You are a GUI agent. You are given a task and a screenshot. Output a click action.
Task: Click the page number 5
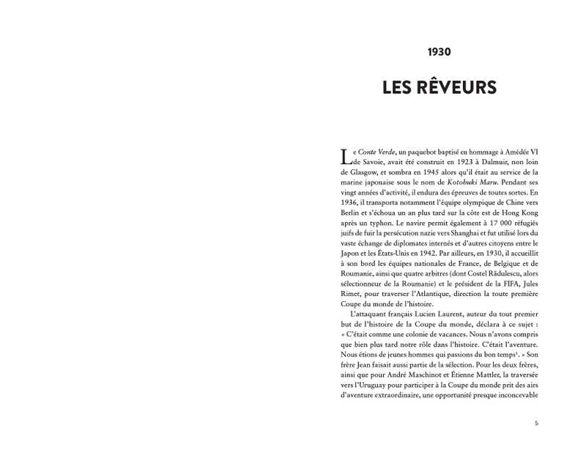click(536, 423)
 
